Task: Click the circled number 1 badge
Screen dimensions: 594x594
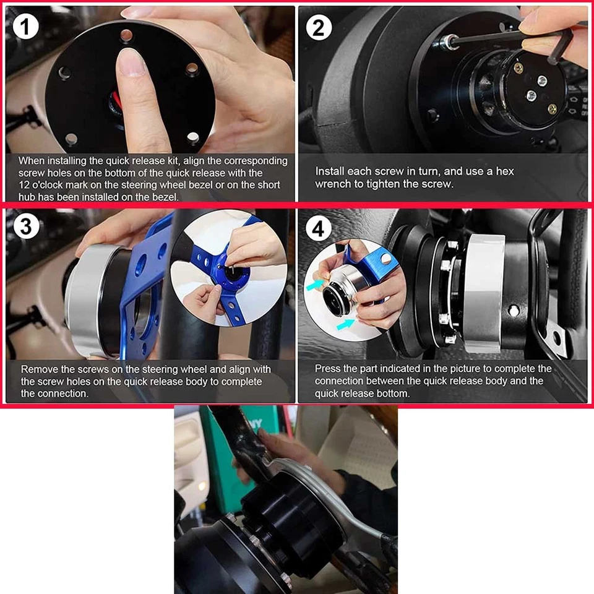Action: coord(25,27)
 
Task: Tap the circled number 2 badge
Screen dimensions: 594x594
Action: coord(319,28)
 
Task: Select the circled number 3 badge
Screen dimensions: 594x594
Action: coord(25,227)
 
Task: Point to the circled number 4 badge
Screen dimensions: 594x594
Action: coord(319,230)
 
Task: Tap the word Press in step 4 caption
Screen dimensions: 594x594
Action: coord(328,369)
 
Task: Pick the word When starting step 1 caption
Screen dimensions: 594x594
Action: coord(32,161)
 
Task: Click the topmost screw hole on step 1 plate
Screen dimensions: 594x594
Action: coord(126,35)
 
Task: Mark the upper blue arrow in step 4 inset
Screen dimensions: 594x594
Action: coord(315,283)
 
